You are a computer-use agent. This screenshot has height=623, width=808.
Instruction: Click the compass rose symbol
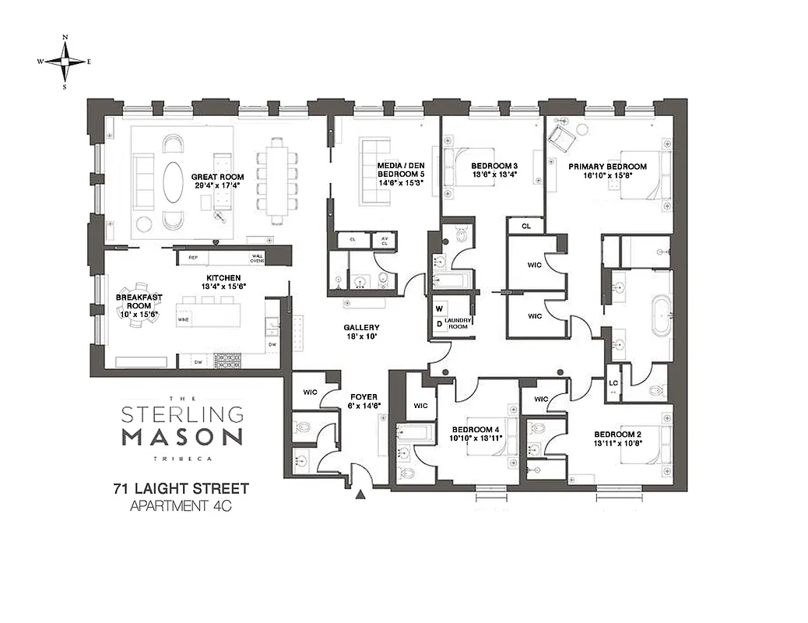pos(65,62)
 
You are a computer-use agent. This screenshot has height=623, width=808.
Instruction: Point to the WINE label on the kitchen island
pos(184,319)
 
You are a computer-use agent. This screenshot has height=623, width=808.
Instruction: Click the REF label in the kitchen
pos(193,257)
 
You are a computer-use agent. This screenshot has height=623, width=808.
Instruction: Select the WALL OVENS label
pos(257,257)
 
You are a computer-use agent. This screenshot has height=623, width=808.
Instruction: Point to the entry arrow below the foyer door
pos(360,494)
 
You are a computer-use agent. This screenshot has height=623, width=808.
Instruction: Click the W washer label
pos(439,308)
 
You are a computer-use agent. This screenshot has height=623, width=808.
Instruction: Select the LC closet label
pos(613,383)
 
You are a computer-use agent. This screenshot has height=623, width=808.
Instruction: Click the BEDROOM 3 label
pos(494,171)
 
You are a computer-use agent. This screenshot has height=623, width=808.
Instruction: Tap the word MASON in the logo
pos(182,435)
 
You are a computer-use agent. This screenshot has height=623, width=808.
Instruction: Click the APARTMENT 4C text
pos(181,507)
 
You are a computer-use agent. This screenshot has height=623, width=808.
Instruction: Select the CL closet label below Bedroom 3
pos(526,226)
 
